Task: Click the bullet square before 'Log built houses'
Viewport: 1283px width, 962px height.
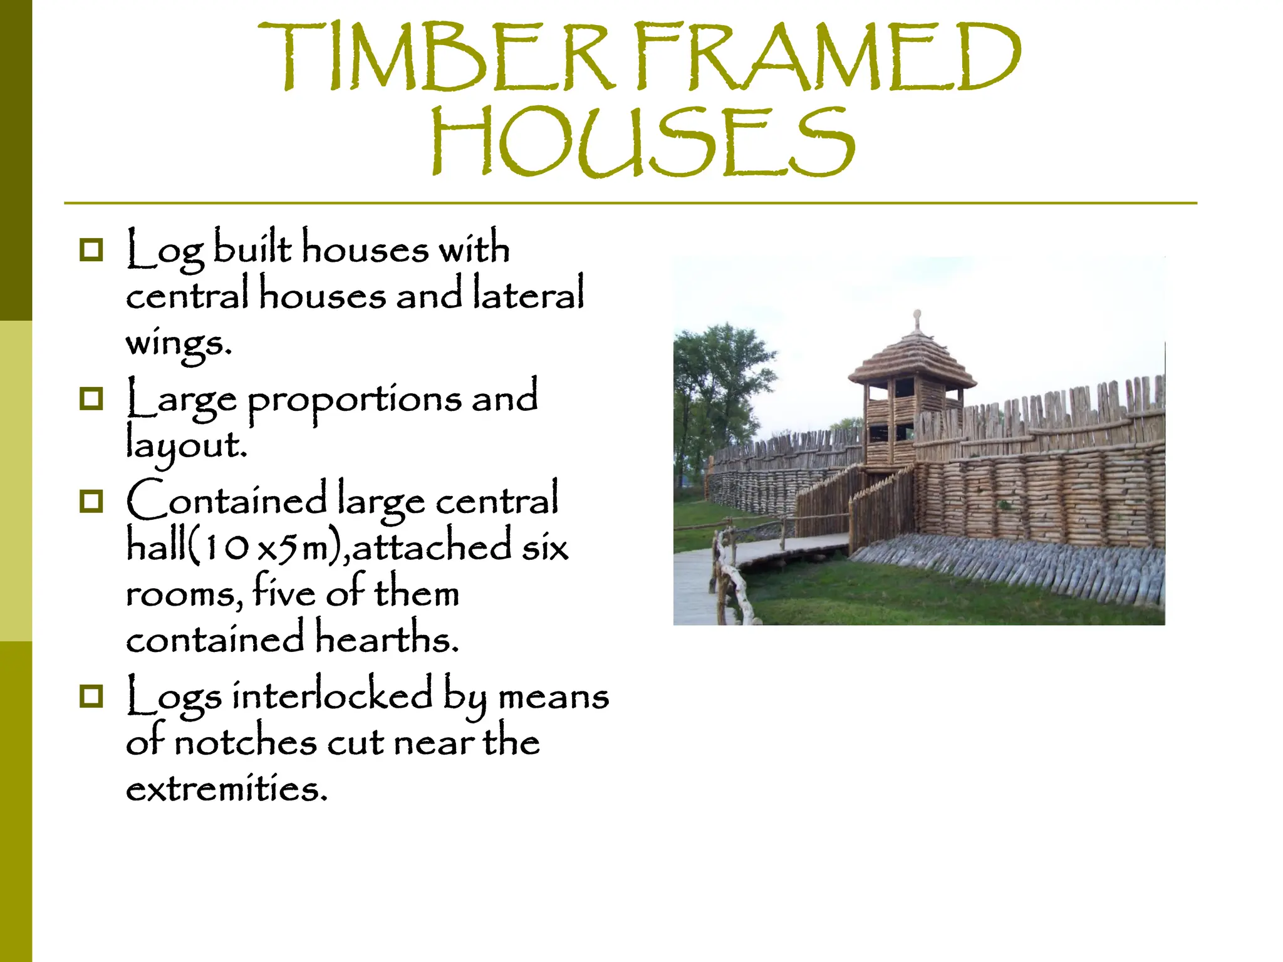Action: (91, 250)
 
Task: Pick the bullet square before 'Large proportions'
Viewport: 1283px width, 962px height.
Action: (91, 398)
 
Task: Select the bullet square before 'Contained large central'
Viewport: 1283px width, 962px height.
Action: (91, 501)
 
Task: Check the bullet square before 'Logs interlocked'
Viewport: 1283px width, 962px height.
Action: (91, 696)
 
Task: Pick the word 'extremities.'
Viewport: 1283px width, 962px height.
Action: (227, 789)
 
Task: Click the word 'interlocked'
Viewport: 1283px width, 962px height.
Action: (332, 696)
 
